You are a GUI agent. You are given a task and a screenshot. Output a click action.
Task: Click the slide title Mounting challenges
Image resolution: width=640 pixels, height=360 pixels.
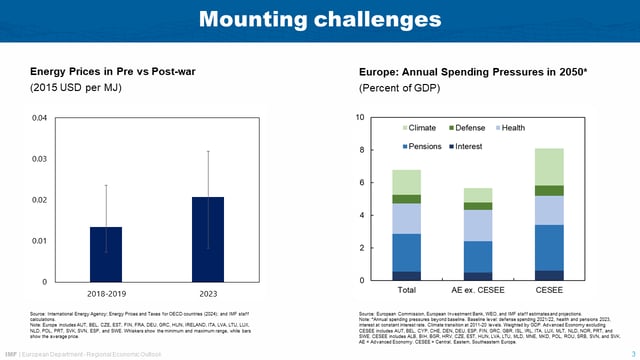point(319,19)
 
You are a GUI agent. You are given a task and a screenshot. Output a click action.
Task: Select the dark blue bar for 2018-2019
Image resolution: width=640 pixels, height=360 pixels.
point(106,254)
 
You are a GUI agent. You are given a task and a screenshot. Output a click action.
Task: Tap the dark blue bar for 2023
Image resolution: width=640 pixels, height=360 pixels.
point(208,239)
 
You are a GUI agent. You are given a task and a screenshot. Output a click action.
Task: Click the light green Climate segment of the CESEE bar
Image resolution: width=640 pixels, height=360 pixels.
point(549,167)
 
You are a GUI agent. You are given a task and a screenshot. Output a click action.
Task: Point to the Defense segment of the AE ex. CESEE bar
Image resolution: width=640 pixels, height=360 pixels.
point(477,206)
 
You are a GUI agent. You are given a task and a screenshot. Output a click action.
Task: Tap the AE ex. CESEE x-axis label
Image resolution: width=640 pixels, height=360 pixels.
point(477,291)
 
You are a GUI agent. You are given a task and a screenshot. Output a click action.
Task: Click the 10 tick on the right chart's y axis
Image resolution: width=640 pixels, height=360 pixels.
point(361,118)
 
